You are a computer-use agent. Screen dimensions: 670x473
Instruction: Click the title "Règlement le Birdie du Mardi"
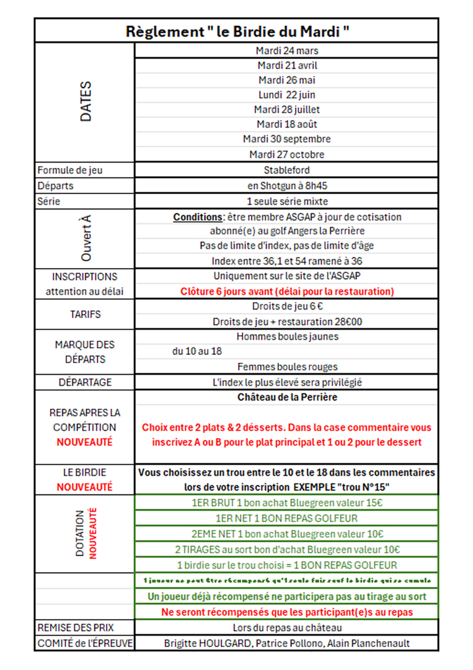point(236,31)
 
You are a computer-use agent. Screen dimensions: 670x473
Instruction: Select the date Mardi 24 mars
point(286,51)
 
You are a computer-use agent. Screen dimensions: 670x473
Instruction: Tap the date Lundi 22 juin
point(286,95)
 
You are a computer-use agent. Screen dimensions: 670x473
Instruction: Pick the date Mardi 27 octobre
point(286,154)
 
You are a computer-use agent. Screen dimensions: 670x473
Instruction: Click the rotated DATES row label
point(86,102)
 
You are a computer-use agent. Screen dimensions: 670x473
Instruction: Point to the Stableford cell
point(286,169)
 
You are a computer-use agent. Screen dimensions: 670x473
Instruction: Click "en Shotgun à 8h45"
point(286,185)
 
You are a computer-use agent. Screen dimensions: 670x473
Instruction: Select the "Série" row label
point(49,202)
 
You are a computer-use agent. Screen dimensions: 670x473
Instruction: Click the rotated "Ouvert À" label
point(86,238)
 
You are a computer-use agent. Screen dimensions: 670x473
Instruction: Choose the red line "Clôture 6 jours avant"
point(286,291)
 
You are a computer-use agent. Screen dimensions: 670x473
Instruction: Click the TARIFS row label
point(85,314)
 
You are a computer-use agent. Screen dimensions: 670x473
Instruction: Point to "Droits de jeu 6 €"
point(286,306)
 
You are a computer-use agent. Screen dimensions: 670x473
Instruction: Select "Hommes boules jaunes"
point(287,337)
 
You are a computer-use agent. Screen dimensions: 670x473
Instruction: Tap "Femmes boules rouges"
point(287,367)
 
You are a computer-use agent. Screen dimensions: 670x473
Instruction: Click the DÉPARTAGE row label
point(85,382)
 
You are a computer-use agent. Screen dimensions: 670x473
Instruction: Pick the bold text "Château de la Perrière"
point(287,397)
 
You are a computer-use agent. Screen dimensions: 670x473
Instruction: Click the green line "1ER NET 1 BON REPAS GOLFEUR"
point(286,518)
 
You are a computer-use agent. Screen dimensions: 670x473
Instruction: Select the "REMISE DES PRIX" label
point(76,628)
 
